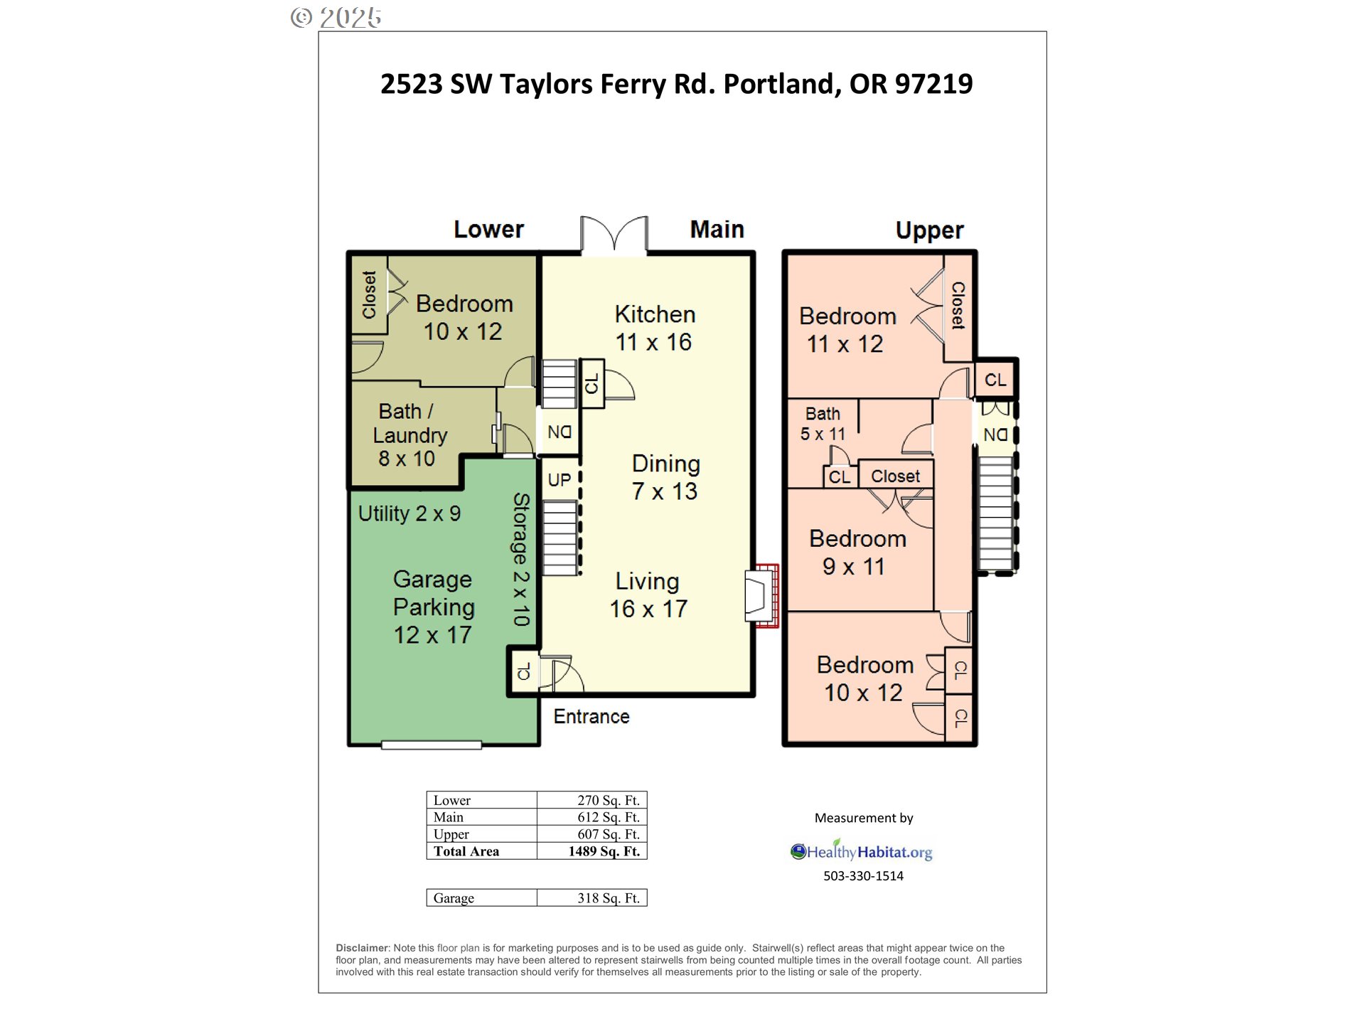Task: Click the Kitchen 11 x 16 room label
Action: click(654, 328)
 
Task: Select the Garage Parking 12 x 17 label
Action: click(433, 607)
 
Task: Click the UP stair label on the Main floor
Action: click(560, 480)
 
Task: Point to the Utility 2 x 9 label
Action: click(409, 513)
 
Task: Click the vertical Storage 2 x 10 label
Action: click(521, 559)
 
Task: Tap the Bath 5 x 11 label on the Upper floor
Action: click(823, 424)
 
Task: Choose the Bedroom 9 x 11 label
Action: click(857, 553)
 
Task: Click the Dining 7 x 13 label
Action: click(665, 477)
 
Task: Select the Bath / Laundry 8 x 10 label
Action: click(409, 434)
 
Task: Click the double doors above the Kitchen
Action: click(614, 235)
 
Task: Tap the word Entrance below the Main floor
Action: click(591, 716)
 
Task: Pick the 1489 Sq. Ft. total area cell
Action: click(604, 851)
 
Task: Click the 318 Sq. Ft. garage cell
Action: click(609, 898)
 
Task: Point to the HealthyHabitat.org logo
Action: click(861, 850)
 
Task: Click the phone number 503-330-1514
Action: click(863, 876)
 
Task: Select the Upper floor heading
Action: click(929, 230)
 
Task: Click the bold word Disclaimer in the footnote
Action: click(363, 948)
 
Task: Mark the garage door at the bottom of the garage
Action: click(432, 745)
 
